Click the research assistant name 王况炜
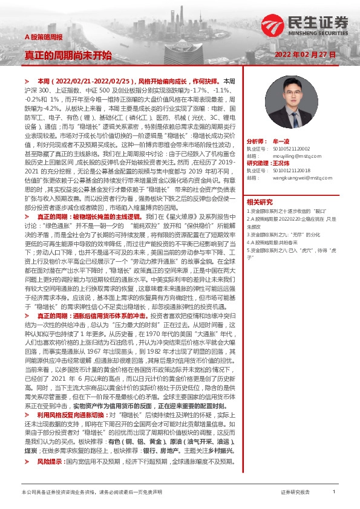coord(282,163)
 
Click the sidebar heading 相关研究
coord(260,201)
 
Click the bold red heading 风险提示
coord(50,445)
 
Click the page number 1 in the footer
coord(334,493)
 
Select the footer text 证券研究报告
coord(296,493)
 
